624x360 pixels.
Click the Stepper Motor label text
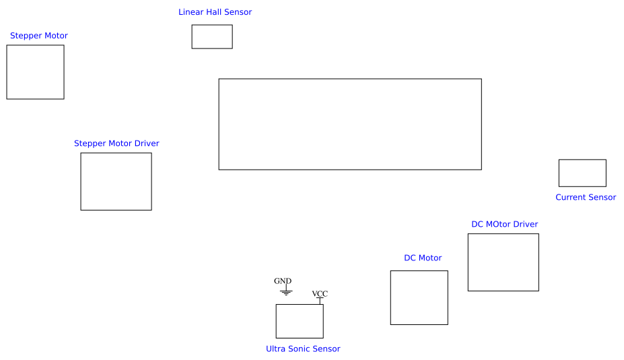point(38,36)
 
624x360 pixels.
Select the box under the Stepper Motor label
point(35,72)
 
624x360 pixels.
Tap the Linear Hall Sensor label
point(215,12)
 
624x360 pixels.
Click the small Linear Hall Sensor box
point(212,37)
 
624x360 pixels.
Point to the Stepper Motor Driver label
point(116,143)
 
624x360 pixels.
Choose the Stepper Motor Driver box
point(116,182)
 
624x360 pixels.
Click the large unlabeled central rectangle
point(350,124)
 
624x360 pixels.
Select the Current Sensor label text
point(586,197)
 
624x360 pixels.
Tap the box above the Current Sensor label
point(582,173)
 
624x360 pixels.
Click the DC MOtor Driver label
point(504,224)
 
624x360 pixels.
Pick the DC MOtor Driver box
point(504,262)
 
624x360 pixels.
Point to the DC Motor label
point(423,258)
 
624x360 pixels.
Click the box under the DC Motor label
point(419,297)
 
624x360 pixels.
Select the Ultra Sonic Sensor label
point(303,349)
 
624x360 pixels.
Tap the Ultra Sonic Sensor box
point(300,321)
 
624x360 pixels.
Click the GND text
point(283,281)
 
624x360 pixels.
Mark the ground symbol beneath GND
point(286,292)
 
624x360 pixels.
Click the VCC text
point(320,294)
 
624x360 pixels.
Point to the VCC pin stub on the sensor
point(320,301)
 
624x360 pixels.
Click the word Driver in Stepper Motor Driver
point(147,143)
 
